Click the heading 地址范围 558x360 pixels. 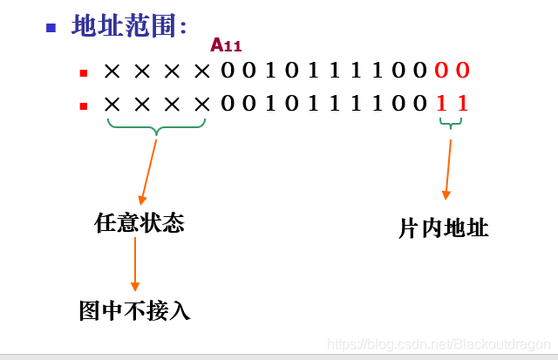tap(129, 26)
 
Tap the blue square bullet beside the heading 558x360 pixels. tap(51, 26)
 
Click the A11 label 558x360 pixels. tap(226, 45)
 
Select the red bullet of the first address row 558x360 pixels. tap(83, 73)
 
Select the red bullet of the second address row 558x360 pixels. tap(83, 106)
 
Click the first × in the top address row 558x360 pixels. tap(112, 71)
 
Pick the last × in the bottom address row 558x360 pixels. tap(202, 105)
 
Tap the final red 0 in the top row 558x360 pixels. tap(463, 71)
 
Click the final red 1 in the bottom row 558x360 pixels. tap(463, 104)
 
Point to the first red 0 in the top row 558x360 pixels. tap(442, 71)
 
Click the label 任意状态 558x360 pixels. tap(139, 223)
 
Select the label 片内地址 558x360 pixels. tap(444, 228)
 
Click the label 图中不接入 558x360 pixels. tap(134, 310)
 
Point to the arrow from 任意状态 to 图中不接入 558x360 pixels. tap(135, 263)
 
